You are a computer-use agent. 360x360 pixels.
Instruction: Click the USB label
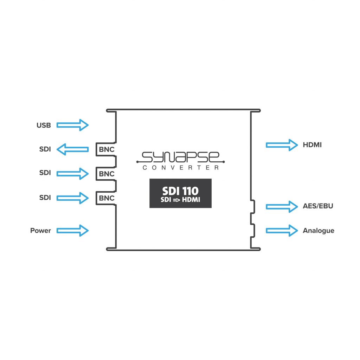point(44,125)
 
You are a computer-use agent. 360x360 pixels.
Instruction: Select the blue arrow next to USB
point(72,125)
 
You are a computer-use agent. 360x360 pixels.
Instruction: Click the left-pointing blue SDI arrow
point(72,149)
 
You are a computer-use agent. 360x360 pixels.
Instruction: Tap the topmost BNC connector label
point(107,150)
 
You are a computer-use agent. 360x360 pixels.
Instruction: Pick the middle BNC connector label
point(107,174)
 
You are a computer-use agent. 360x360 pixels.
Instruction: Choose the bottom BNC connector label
point(107,198)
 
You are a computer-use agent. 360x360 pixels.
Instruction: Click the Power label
point(40,231)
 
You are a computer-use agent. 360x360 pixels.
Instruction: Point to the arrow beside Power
point(72,231)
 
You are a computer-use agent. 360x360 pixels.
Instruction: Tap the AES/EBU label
point(318,206)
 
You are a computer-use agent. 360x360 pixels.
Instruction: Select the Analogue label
point(319,231)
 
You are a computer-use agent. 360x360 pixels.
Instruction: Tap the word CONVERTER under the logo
point(180,168)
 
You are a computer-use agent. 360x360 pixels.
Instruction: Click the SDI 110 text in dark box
point(180,191)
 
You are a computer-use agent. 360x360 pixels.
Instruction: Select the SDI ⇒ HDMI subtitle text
point(180,200)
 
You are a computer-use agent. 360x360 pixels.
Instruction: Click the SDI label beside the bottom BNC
point(45,198)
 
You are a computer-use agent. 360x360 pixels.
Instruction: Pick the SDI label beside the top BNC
point(45,149)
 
